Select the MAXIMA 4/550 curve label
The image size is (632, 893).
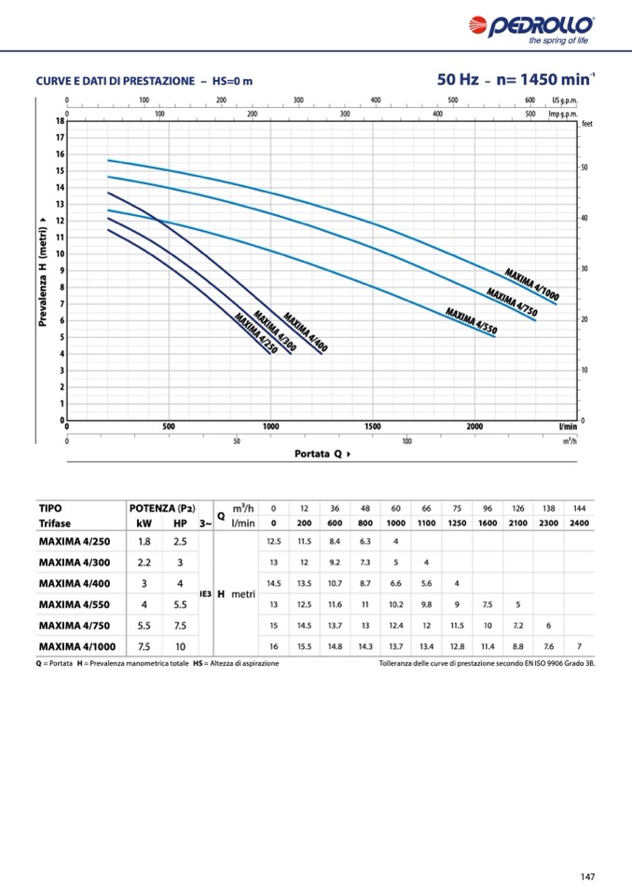pos(472,319)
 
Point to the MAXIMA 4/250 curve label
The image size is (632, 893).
pos(256,334)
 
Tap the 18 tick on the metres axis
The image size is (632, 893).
pos(59,121)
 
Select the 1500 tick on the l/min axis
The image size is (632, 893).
pos(372,426)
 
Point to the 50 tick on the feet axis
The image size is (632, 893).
pos(584,168)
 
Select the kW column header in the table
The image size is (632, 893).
pos(144,523)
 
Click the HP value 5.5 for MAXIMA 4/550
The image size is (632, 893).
pos(180,604)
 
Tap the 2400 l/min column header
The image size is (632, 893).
pos(579,523)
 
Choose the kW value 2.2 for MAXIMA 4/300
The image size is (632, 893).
pos(144,562)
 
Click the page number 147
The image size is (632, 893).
pos(586,875)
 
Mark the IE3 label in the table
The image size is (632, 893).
pos(205,593)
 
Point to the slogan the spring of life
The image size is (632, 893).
pos(558,41)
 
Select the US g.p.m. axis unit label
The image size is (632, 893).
pos(565,100)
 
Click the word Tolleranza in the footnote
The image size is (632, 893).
pos(398,664)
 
